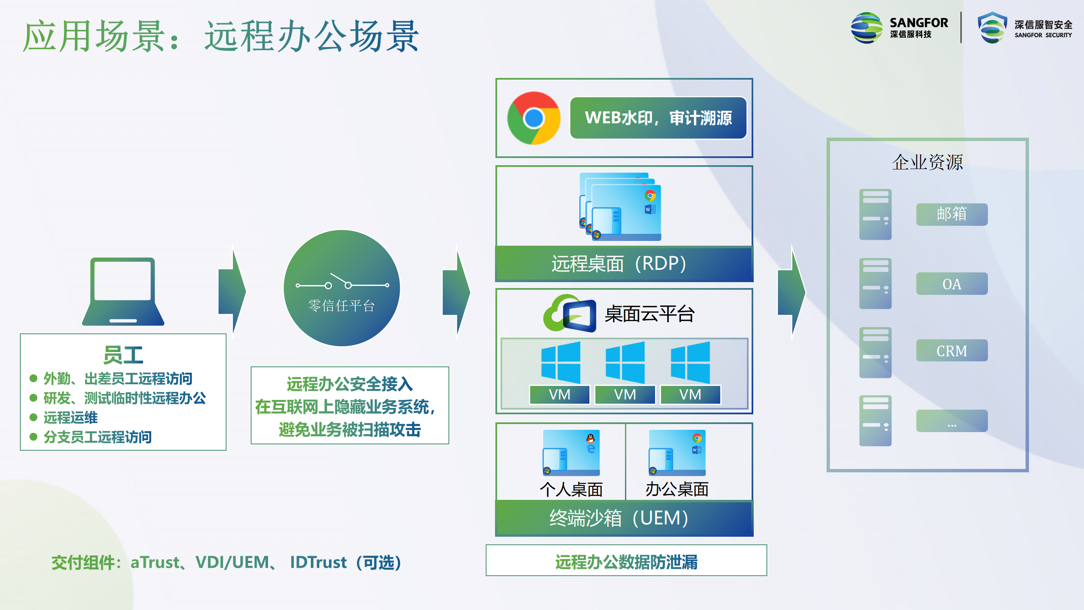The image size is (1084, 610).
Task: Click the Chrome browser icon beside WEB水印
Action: point(534,118)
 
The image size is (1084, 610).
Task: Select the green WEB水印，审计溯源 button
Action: point(658,118)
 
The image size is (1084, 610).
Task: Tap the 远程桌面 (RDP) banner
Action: point(624,264)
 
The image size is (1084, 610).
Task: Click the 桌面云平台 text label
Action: point(649,314)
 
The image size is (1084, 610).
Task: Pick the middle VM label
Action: point(625,395)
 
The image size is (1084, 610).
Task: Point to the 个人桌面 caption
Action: point(571,489)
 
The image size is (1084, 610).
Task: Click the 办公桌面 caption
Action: point(677,489)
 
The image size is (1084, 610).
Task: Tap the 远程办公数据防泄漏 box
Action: point(626,560)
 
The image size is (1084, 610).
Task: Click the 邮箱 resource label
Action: point(952,214)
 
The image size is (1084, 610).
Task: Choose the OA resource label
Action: point(952,284)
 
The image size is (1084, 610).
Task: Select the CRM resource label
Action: point(952,351)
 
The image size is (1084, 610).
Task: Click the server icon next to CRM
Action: point(875,352)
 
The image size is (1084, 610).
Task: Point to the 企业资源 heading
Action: point(927,162)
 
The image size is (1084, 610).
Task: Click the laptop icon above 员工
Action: point(123,291)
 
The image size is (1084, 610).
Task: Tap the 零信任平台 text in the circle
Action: point(341,305)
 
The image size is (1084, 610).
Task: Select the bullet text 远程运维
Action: point(70,418)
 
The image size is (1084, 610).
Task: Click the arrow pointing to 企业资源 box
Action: point(792,292)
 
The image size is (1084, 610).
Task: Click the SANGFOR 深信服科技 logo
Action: point(899,28)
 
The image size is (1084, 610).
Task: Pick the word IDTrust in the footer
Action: point(318,563)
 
